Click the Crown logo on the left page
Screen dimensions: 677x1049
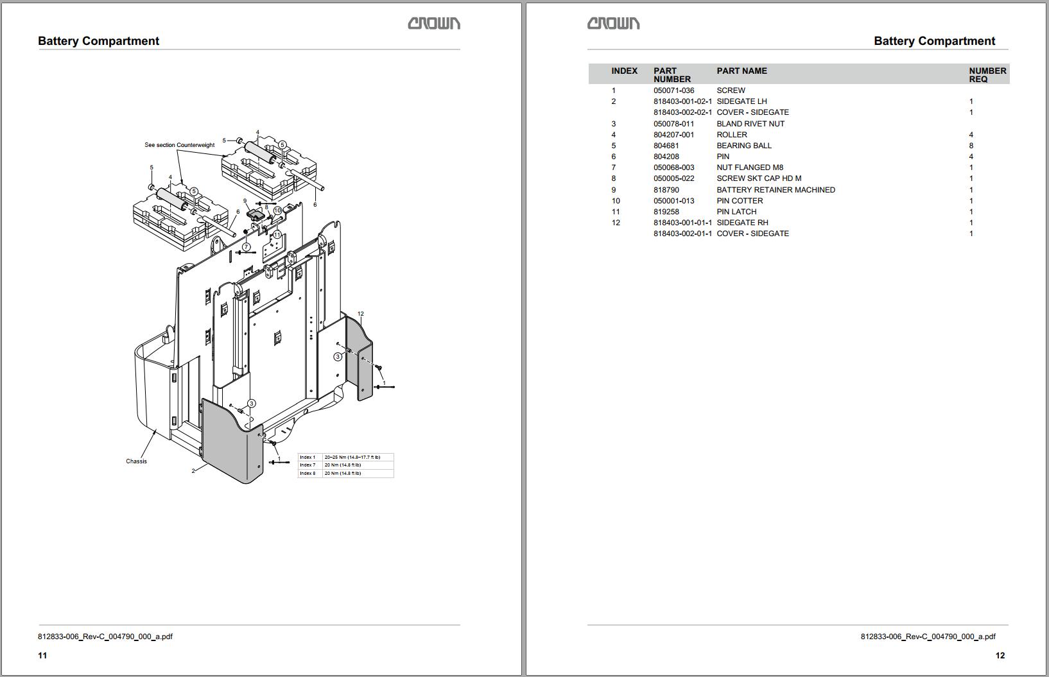click(434, 24)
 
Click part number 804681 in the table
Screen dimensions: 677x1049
click(667, 146)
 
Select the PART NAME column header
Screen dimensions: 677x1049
click(741, 71)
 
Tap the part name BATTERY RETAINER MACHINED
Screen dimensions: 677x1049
click(776, 190)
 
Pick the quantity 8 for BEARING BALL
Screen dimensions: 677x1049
click(971, 146)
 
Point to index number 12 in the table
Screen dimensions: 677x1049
click(616, 223)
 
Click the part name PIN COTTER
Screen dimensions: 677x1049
click(740, 201)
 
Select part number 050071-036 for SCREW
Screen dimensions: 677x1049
click(673, 90)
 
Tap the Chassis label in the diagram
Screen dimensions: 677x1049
click(136, 461)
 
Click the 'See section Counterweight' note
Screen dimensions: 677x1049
click(179, 145)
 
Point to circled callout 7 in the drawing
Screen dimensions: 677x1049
click(247, 246)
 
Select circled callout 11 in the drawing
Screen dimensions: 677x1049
click(277, 235)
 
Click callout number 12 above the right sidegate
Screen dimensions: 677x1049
click(361, 314)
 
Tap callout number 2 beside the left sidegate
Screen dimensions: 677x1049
click(193, 471)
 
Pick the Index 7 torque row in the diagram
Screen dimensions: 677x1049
click(345, 465)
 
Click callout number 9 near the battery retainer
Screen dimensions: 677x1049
click(245, 201)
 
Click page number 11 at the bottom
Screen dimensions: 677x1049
click(42, 655)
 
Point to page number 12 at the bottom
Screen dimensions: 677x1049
click(1000, 655)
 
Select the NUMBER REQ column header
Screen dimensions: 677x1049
click(987, 74)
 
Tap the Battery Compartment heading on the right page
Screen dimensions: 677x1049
click(934, 41)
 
